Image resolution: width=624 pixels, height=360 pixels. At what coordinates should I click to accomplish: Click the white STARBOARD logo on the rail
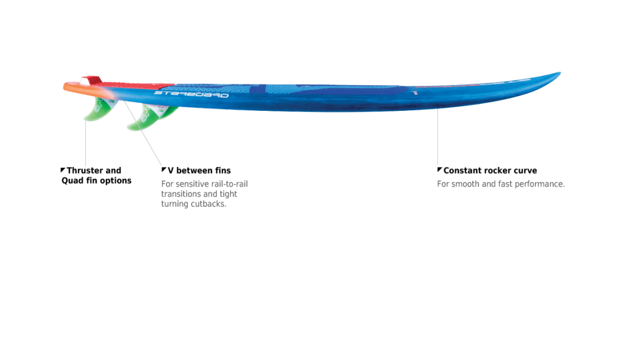191,94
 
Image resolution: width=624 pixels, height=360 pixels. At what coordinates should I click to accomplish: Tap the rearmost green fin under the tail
99,109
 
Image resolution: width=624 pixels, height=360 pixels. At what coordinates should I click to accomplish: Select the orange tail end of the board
80,89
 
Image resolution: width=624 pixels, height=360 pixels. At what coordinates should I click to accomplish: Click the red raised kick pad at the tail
93,80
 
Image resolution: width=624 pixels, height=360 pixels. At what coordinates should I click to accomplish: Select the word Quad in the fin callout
72,180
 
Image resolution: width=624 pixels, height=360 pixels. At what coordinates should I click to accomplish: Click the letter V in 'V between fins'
171,171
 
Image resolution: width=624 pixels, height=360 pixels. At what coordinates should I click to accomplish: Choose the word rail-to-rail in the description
229,184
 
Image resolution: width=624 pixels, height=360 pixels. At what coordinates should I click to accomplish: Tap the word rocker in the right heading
498,171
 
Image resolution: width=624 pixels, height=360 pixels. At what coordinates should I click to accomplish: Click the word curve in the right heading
525,171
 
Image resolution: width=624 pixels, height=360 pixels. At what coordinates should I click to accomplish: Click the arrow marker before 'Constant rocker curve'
439,169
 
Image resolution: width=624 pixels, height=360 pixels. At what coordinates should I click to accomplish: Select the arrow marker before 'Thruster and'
63,170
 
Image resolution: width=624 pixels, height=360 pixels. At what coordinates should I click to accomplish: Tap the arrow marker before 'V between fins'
163,169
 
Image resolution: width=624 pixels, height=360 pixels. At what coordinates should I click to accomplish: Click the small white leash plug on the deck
416,93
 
